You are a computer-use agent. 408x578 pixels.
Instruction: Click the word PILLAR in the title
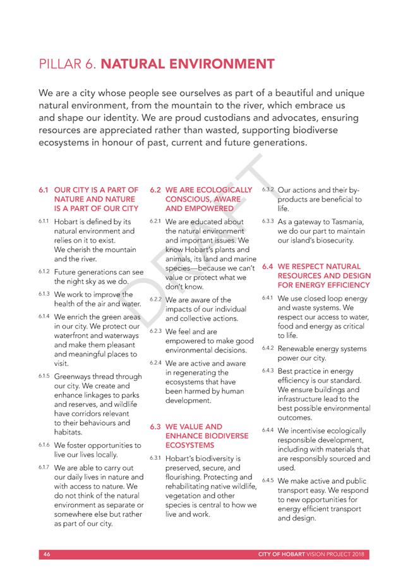pos(59,64)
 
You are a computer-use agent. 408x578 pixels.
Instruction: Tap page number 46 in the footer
pos(46,555)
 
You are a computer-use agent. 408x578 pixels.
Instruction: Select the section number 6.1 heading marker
pos(44,190)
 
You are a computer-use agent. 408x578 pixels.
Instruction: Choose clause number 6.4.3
pos(267,371)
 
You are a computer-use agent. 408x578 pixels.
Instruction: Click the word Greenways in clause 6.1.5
pos(76,377)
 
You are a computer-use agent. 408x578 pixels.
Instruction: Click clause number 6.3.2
pos(267,190)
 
